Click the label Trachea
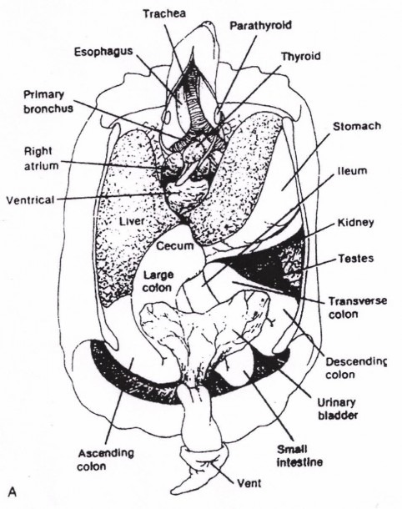[164, 13]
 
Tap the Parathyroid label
[261, 26]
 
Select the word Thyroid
[301, 57]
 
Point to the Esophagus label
[103, 52]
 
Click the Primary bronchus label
[48, 101]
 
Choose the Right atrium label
[41, 159]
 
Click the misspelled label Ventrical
[30, 199]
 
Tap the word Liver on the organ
[132, 221]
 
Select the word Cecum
[175, 246]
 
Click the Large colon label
[158, 281]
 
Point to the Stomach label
[357, 126]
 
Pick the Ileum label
[352, 171]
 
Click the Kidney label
[355, 223]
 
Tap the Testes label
[356, 259]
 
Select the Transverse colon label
[358, 307]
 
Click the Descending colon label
[356, 368]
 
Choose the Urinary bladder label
[338, 409]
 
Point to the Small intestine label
[299, 456]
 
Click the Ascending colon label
[106, 460]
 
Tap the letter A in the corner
[13, 492]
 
